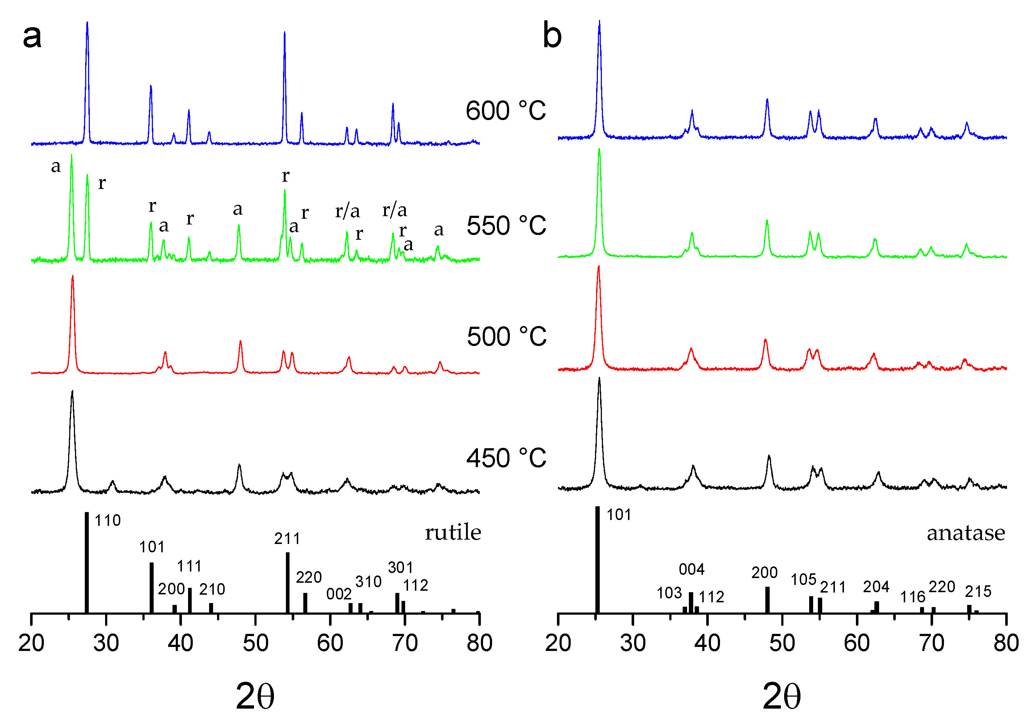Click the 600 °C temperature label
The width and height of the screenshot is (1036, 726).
coord(505,111)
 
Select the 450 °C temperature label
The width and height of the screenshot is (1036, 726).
coord(506,458)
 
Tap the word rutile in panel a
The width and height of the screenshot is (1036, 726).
coord(453,533)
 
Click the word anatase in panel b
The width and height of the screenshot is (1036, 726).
coord(966,533)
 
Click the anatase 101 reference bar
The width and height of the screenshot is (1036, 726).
coord(598,560)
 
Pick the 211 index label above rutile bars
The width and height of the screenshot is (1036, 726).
coord(287,539)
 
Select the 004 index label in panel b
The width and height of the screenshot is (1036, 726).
coord(691,569)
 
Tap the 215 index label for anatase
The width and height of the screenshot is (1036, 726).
coord(978,591)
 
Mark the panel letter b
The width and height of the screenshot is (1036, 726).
coord(552,35)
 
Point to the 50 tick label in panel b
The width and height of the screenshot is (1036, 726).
coord(782,643)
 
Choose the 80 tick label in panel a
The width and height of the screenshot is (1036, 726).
coord(479,643)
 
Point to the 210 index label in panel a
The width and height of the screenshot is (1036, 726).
coord(212,589)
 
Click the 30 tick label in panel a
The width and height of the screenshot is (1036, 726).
coord(106,643)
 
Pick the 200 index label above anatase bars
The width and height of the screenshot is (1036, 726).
coord(764,573)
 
